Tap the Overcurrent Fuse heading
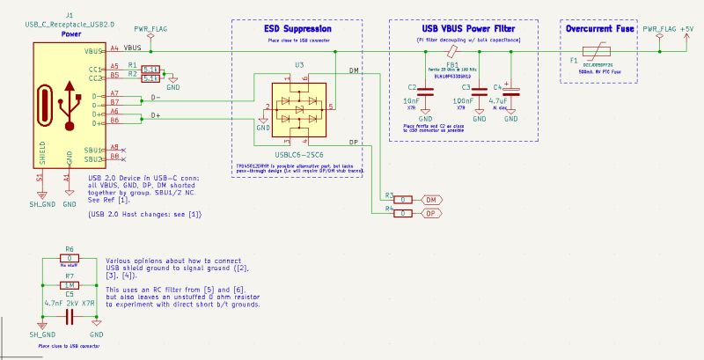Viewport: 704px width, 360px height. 601,30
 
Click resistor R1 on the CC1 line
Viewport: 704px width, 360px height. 150,67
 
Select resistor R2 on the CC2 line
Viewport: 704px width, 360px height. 150,77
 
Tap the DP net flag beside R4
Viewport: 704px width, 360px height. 432,212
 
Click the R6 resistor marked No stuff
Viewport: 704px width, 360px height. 69,260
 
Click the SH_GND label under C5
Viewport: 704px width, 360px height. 41,335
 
